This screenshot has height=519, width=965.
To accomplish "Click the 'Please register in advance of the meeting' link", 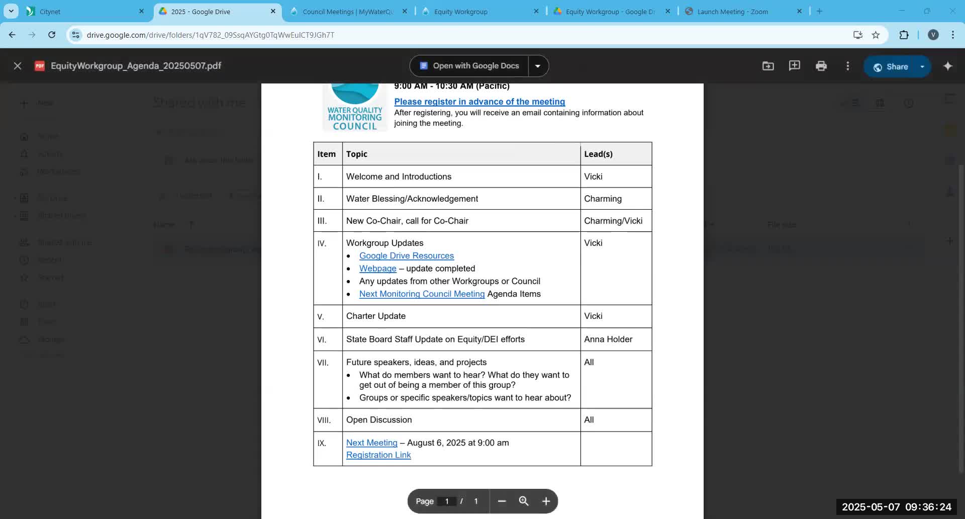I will click(x=479, y=102).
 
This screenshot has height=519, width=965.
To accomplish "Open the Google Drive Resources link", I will click(x=406, y=255).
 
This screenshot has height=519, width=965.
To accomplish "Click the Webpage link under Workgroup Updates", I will click(x=377, y=269).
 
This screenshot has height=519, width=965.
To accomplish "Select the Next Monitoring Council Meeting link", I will click(x=422, y=294).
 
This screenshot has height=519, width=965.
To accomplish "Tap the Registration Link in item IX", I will click(x=378, y=455).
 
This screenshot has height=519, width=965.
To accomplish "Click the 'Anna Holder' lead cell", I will click(x=608, y=339).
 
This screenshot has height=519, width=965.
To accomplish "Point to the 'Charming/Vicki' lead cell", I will click(x=613, y=221).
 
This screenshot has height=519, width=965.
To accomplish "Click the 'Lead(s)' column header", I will click(x=598, y=154).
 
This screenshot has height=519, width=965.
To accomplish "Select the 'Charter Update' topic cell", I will click(x=376, y=316).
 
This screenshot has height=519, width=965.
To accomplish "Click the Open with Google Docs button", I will click(x=469, y=66).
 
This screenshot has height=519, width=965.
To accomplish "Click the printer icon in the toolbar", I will click(x=821, y=66).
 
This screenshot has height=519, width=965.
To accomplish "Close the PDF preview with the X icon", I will click(x=18, y=66).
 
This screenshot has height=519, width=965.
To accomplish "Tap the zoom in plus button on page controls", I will click(x=546, y=501).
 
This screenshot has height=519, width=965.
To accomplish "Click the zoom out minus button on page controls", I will click(x=502, y=501).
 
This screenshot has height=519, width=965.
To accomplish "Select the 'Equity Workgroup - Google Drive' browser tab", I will click(x=610, y=12).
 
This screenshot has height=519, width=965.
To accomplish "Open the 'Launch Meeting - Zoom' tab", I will click(x=732, y=12).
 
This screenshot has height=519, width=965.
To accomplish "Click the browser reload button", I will click(x=52, y=35).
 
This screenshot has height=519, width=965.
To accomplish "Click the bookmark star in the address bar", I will click(x=876, y=35).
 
